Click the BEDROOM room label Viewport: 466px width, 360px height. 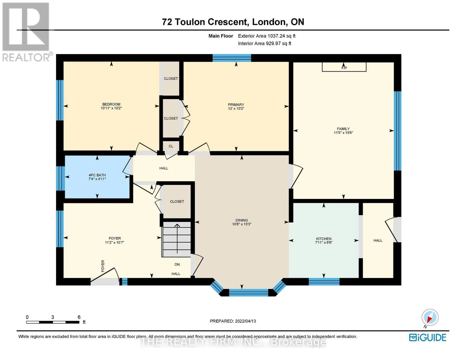pos(111,104)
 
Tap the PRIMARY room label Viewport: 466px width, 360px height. pos(236,105)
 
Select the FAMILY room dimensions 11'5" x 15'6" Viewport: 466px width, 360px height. pos(343,133)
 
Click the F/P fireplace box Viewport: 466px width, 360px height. pos(344,67)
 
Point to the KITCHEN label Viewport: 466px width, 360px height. pos(323,238)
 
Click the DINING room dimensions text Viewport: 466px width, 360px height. pos(242,224)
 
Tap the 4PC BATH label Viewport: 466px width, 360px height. pos(97,175)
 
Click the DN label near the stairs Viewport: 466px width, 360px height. pos(177,264)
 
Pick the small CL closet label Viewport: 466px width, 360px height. pos(171,146)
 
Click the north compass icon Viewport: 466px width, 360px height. pos(430,317)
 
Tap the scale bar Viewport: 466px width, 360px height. pos(53,322)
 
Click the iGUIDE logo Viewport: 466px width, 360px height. pos(427,337)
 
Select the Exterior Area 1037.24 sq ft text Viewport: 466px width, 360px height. pos(266,36)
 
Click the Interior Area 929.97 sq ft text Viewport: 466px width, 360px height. pos(264,43)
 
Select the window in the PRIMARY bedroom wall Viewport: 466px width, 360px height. pos(232,58)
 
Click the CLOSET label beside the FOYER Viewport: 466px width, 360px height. pos(177,202)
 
